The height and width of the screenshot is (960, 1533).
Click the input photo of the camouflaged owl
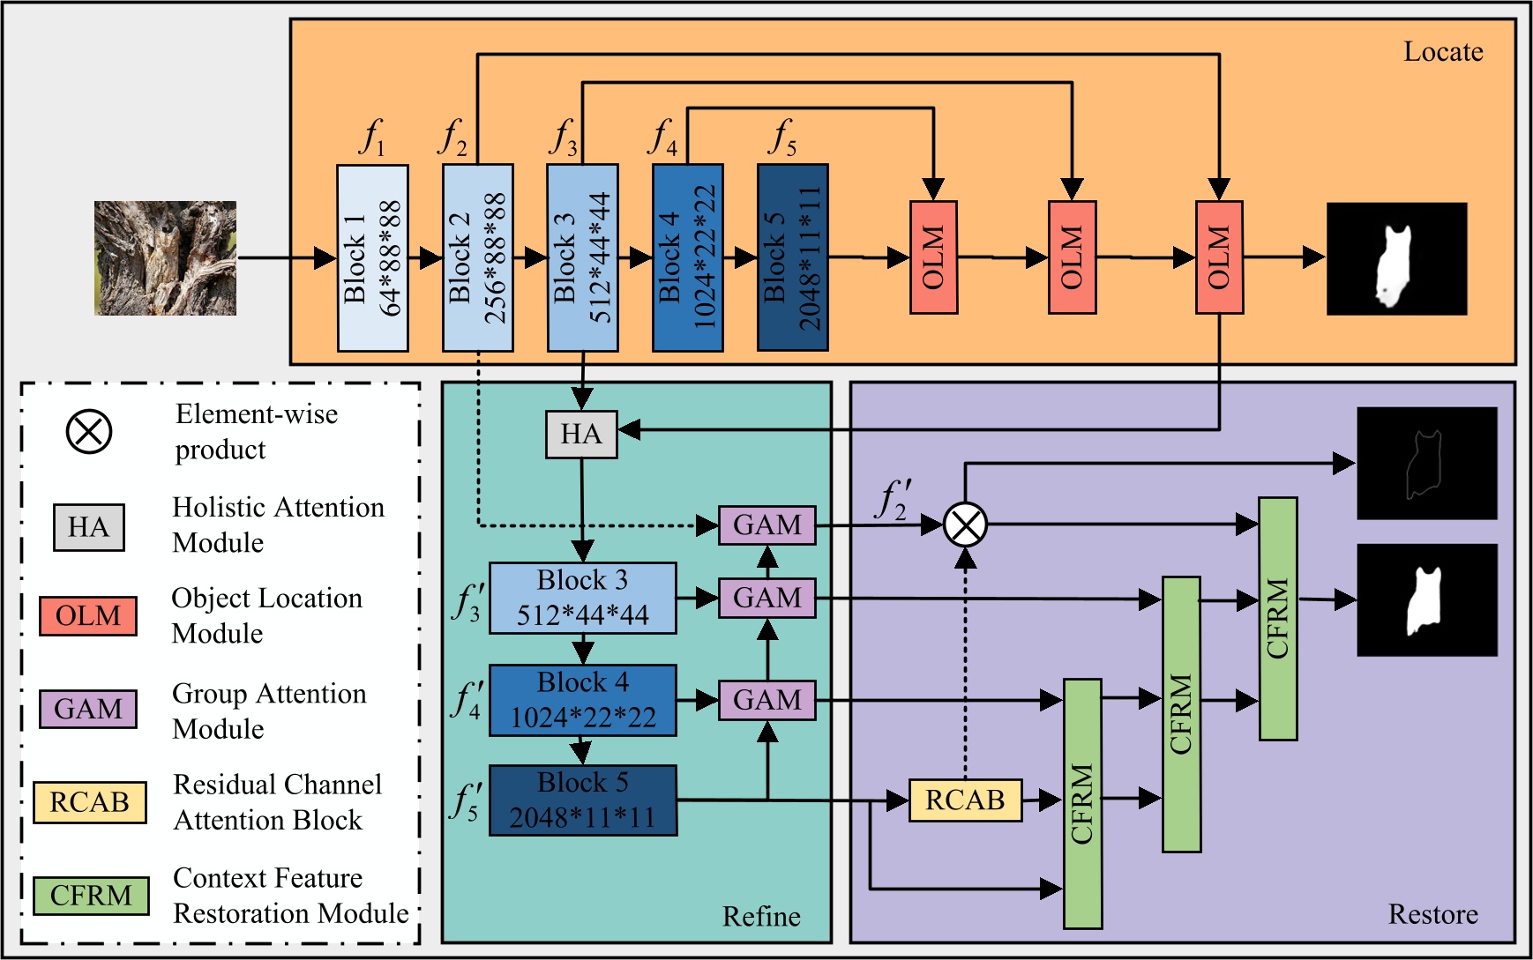(165, 257)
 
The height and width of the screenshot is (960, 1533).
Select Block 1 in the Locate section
(372, 257)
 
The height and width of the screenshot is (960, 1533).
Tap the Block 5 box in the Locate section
(792, 257)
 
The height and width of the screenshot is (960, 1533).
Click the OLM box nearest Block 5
(933, 257)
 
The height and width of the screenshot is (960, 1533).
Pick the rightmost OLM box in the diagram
(1219, 257)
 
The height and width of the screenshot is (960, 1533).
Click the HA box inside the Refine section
(580, 434)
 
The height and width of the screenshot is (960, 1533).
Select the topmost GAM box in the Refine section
(766, 525)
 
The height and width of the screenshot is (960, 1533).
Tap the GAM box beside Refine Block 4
(766, 700)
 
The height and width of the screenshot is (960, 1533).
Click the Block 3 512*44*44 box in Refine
(582, 598)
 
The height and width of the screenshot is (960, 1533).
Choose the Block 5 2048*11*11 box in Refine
(582, 800)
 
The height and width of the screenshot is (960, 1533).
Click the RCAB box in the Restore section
(965, 800)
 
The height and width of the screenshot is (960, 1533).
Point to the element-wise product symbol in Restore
(965, 525)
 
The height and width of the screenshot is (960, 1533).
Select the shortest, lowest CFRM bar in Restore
(1082, 803)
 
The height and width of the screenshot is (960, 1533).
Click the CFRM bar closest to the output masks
(1277, 619)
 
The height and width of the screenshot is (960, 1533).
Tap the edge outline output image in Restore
(1426, 463)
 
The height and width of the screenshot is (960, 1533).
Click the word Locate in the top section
(1443, 52)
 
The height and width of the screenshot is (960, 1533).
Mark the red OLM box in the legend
(88, 615)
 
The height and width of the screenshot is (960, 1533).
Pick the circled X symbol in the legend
(89, 432)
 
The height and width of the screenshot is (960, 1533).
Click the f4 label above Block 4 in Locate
(662, 138)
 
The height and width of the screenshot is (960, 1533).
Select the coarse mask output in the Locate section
(1396, 258)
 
